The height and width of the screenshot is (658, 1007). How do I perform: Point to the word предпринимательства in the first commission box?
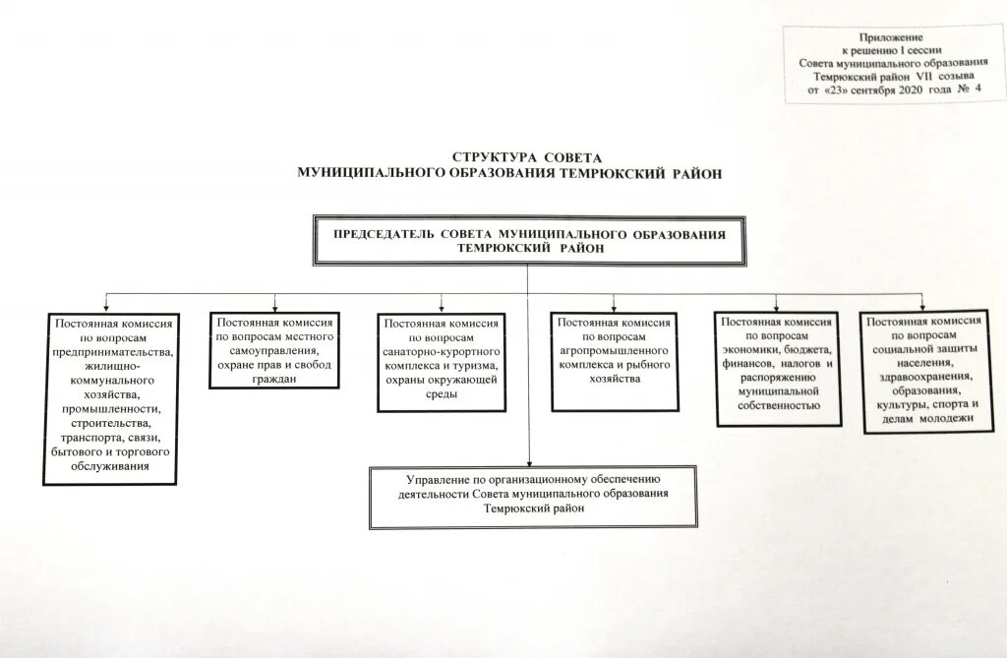[x=114, y=351]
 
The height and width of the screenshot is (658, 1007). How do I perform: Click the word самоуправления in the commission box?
[x=274, y=350]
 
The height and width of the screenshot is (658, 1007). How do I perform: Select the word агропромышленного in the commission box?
[x=615, y=349]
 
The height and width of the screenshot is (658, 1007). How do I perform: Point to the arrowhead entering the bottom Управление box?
[x=528, y=462]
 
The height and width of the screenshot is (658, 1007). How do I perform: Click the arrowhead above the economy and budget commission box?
[x=776, y=307]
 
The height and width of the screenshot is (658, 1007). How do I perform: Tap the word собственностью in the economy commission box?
[x=778, y=404]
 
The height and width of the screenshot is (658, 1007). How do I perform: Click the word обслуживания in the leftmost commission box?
[x=110, y=465]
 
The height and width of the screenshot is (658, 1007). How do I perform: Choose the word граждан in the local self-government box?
[x=274, y=378]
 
